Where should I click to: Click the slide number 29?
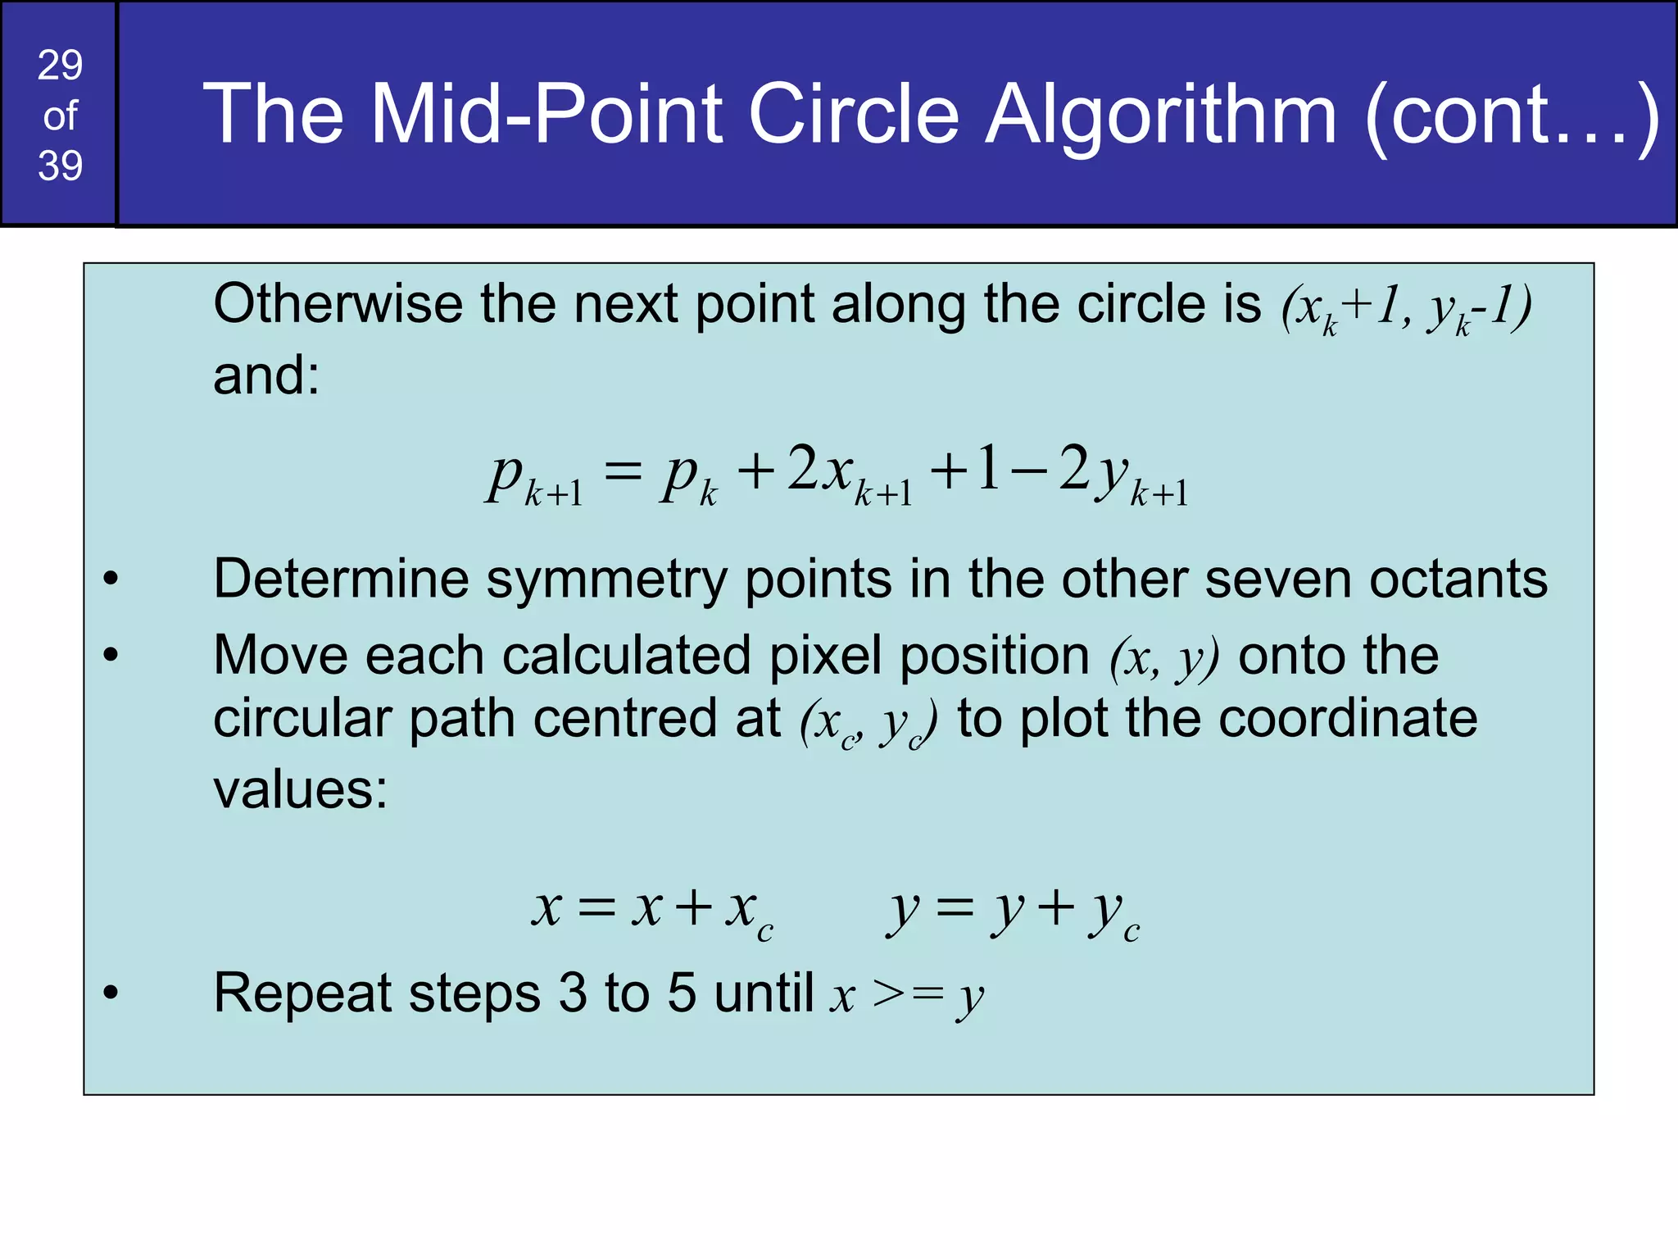pyautogui.click(x=60, y=66)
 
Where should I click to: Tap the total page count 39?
pyautogui.click(x=60, y=166)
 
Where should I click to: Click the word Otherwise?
pyautogui.click(x=338, y=304)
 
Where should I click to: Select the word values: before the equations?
pyautogui.click(x=300, y=789)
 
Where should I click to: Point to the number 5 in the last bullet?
pyautogui.click(x=682, y=993)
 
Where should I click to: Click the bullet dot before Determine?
pyautogui.click(x=111, y=580)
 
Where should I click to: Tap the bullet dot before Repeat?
pyautogui.click(x=111, y=993)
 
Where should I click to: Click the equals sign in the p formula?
pyautogui.click(x=623, y=473)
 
